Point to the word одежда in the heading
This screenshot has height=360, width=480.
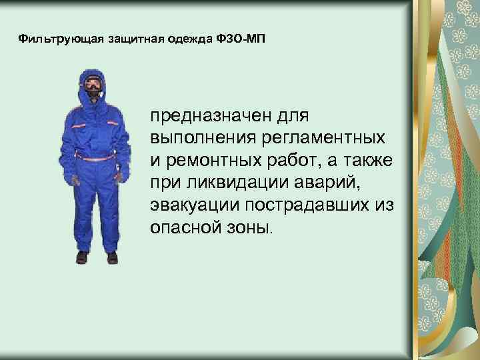[187, 38]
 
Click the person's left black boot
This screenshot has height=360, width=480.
[112, 257]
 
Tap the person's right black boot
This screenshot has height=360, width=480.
[82, 257]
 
